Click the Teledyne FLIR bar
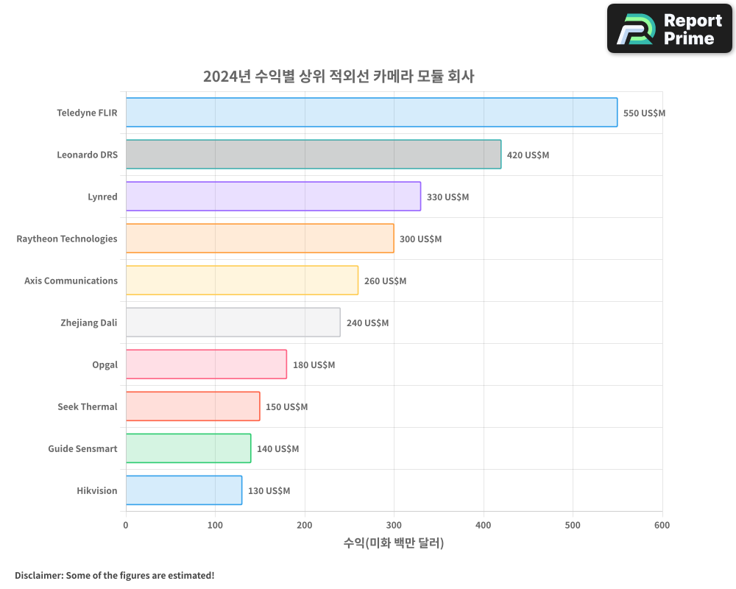[372, 113]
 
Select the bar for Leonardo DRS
[314, 155]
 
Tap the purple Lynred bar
[273, 197]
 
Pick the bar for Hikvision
[184, 490]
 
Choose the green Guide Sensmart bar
[188, 448]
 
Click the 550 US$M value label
[644, 113]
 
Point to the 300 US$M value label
[420, 239]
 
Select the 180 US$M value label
[314, 365]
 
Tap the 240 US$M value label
[367, 323]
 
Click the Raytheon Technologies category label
[67, 239]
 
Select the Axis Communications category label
[71, 281]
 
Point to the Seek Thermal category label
[88, 406]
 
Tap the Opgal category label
[105, 364]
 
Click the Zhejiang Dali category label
[89, 322]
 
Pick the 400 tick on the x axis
[484, 525]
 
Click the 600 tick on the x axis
[662, 525]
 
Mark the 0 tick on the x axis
[126, 525]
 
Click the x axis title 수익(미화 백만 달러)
[394, 543]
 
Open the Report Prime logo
[669, 29]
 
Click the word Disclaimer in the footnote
[38, 576]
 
